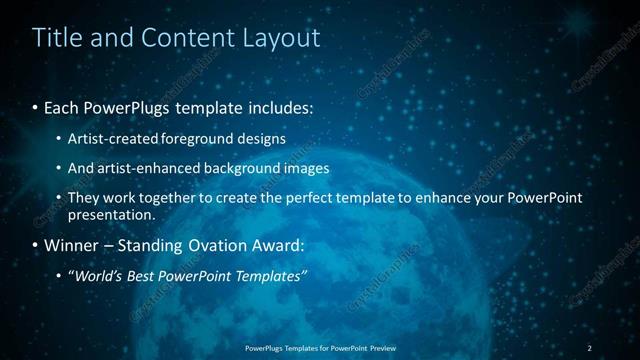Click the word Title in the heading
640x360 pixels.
click(x=56, y=38)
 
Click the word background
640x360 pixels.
click(x=243, y=168)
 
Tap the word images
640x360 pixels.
click(x=307, y=168)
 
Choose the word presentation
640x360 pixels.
click(x=110, y=214)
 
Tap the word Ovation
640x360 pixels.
click(x=200, y=245)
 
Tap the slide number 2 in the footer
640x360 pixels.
click(x=589, y=347)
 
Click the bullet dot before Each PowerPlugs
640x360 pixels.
click(x=36, y=106)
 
